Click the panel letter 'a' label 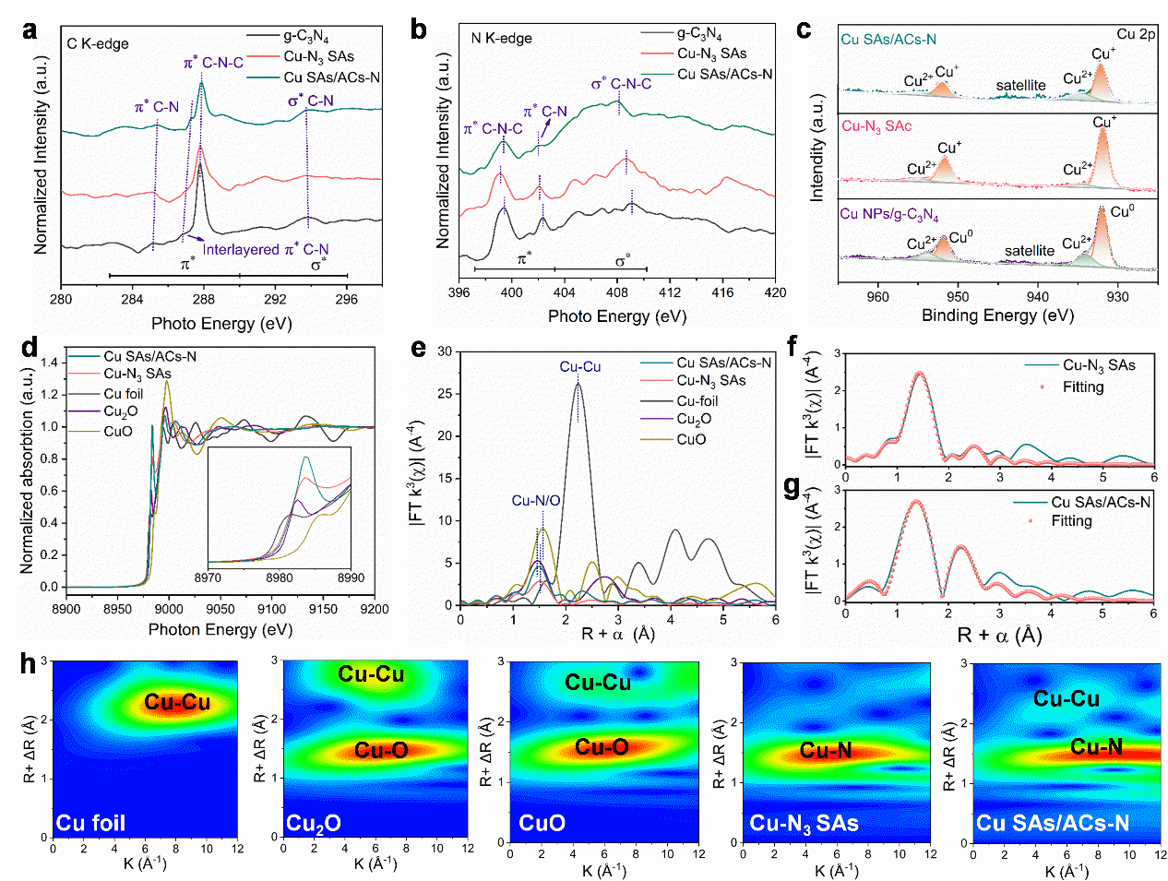pos(30,30)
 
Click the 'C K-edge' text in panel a pos(98,43)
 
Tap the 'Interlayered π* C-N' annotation pos(266,250)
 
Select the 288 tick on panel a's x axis pos(203,299)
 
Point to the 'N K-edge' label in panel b pos(501,39)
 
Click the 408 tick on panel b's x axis pos(617,292)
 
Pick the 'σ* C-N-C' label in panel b pos(621,84)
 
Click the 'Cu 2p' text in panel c pos(1136,34)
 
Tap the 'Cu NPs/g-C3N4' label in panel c pos(888,214)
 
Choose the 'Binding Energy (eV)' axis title pos(997,315)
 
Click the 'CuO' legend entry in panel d pos(118,431)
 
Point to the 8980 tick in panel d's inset pos(280,577)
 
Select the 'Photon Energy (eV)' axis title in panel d pos(220,629)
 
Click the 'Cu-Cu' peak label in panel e pos(579,366)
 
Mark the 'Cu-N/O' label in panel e pos(536,500)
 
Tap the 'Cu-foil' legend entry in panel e pos(697,400)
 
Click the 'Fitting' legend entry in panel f pos(1082,387)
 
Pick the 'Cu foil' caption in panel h pos(90,822)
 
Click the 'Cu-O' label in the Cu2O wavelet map pos(381,750)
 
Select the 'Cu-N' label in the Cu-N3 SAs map pos(826,750)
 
